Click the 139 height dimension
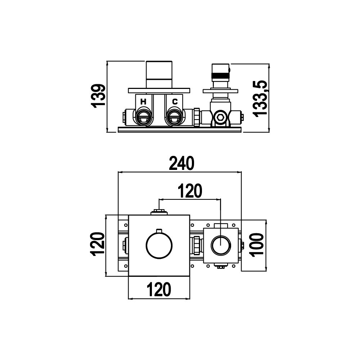click(x=98, y=96)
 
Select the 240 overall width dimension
click(x=181, y=163)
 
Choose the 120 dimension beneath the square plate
click(x=159, y=289)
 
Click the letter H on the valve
click(x=143, y=102)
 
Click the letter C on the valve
click(x=175, y=102)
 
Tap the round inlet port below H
click(x=143, y=117)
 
